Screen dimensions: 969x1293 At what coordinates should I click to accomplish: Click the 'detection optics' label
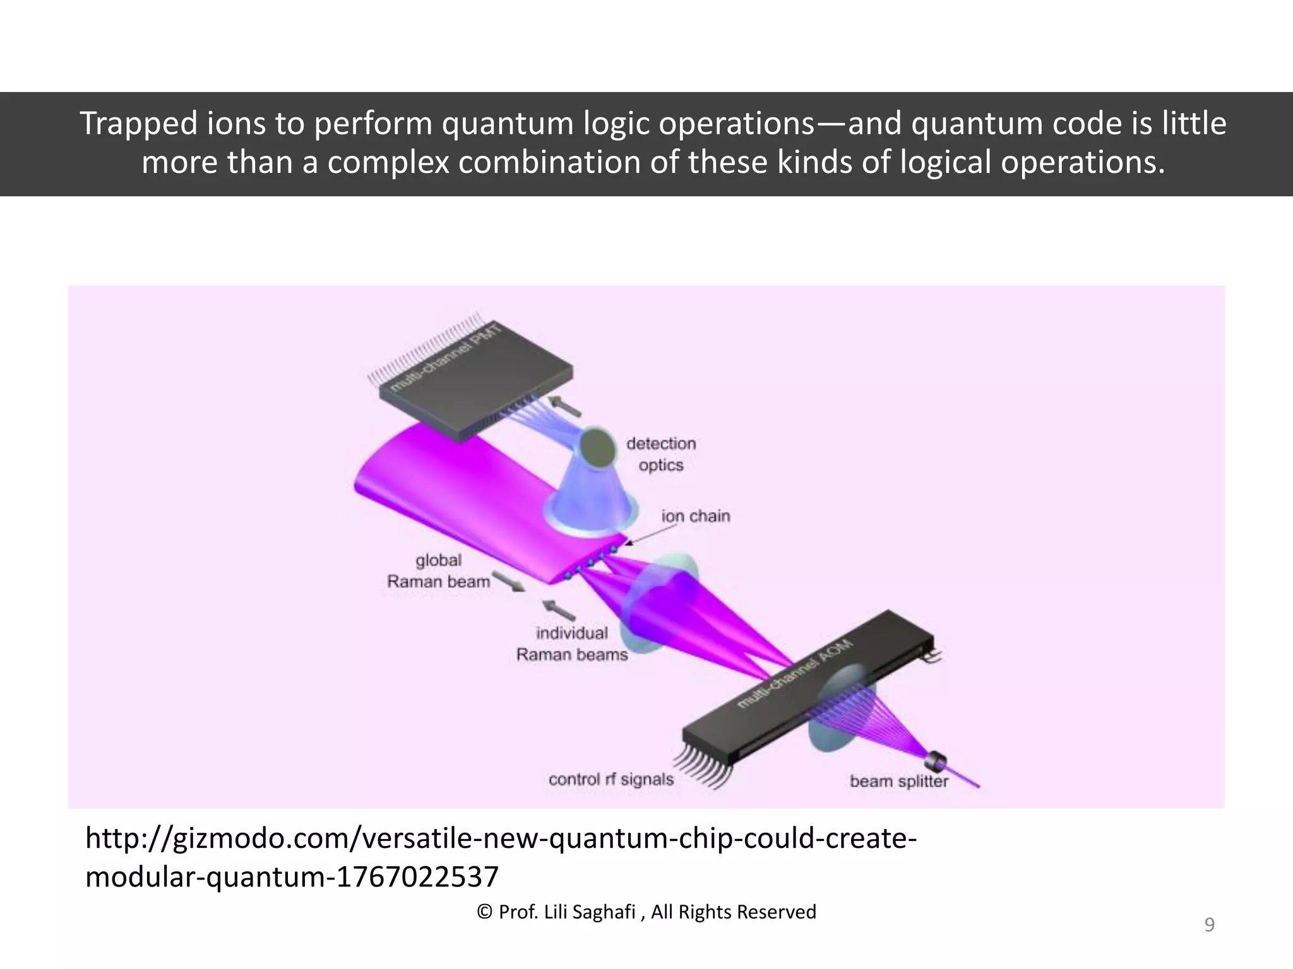coord(661,454)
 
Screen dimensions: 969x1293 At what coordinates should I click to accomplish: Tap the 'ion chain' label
coord(696,516)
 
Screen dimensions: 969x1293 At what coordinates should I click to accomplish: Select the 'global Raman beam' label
coord(438,571)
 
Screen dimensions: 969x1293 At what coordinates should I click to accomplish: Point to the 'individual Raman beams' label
coord(572,644)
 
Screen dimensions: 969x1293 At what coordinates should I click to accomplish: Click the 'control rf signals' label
coord(611,780)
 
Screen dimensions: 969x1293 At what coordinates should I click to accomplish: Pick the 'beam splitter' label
coord(898,782)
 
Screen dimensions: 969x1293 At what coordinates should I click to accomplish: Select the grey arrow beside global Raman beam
coord(508,581)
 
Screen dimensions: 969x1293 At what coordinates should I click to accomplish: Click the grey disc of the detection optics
coord(597,447)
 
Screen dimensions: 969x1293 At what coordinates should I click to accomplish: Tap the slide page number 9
coord(1209,925)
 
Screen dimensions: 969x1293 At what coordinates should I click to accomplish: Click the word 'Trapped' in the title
coord(138,124)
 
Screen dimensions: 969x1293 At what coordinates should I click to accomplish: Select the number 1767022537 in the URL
coord(417,877)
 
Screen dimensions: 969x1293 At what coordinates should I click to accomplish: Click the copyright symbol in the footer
coord(485,912)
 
